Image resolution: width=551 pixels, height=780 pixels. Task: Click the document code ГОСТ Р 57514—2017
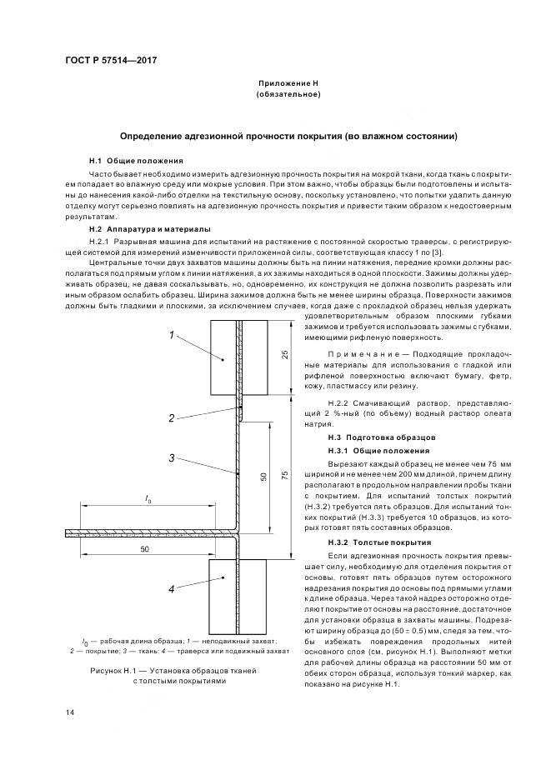point(110,61)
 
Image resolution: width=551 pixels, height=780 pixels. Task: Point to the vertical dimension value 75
point(284,475)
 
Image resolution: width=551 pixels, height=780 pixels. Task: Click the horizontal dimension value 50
point(145,551)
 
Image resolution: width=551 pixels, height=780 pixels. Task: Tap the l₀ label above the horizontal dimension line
point(148,498)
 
